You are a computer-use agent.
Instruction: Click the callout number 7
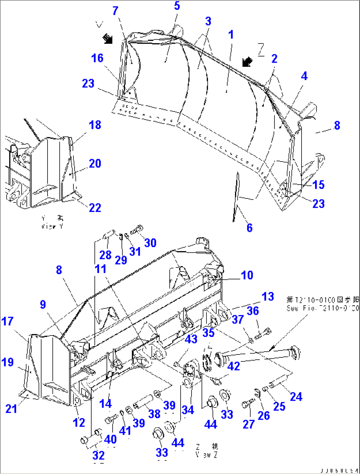pyautogui.click(x=115, y=11)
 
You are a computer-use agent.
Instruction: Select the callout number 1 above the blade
pyautogui.click(x=231, y=34)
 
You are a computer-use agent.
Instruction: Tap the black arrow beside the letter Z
pyautogui.click(x=247, y=61)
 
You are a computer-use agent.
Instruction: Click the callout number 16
pyautogui.click(x=97, y=58)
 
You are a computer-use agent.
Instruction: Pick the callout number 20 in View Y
pyautogui.click(x=95, y=163)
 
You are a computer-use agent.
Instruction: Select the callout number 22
pyautogui.click(x=95, y=207)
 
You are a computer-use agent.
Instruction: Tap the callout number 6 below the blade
pyautogui.click(x=249, y=228)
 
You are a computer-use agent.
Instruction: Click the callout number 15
pyautogui.click(x=318, y=184)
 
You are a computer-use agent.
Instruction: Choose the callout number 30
pyautogui.click(x=150, y=243)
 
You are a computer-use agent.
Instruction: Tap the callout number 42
pyautogui.click(x=234, y=366)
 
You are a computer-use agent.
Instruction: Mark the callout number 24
pyautogui.click(x=296, y=396)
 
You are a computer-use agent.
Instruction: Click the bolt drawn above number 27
pyautogui.click(x=248, y=403)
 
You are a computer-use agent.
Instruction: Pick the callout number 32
pyautogui.click(x=98, y=455)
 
